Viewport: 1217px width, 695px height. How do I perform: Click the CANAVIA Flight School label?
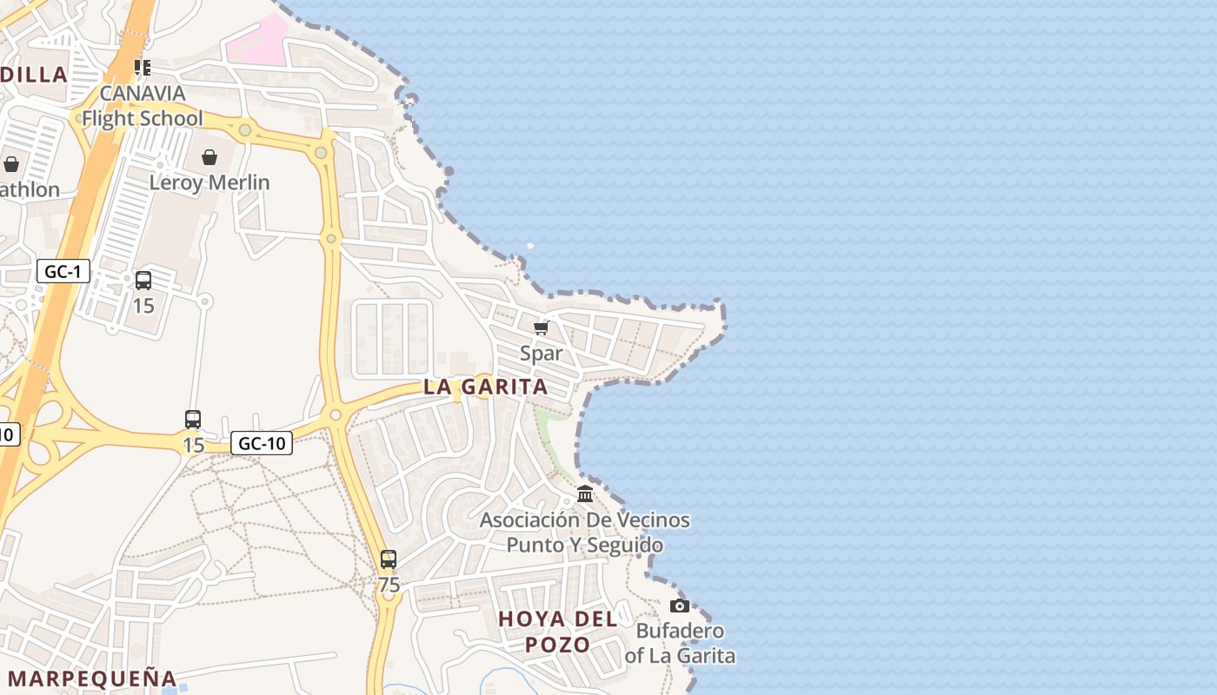coord(143,106)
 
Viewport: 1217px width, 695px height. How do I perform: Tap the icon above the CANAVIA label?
coord(143,67)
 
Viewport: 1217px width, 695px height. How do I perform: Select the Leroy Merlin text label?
coord(209,182)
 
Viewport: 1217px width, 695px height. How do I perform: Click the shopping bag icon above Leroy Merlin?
coord(209,157)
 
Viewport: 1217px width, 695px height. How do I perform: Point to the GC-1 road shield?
coord(63,272)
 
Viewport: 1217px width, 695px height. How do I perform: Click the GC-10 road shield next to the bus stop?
coord(262,443)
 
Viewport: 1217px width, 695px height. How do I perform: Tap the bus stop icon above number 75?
coord(389,559)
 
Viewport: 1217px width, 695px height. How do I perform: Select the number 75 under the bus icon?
coord(389,586)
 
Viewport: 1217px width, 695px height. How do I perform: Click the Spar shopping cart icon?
coord(542,328)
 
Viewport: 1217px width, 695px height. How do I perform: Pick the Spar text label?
coord(542,353)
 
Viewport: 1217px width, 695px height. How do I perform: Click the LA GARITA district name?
coord(486,387)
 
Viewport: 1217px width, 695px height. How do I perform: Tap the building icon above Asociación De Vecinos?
coord(585,494)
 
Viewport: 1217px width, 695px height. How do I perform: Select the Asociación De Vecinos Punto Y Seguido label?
coord(585,533)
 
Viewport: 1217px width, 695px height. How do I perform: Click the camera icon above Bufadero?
coord(680,606)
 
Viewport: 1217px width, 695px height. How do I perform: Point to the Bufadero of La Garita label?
coord(680,643)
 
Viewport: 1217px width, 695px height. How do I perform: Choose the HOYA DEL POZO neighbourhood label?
coord(558,632)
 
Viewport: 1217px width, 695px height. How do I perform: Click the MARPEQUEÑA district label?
coord(92,678)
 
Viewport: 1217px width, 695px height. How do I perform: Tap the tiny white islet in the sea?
coord(530,246)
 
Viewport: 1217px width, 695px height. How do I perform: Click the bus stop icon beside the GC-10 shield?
coord(193,420)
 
